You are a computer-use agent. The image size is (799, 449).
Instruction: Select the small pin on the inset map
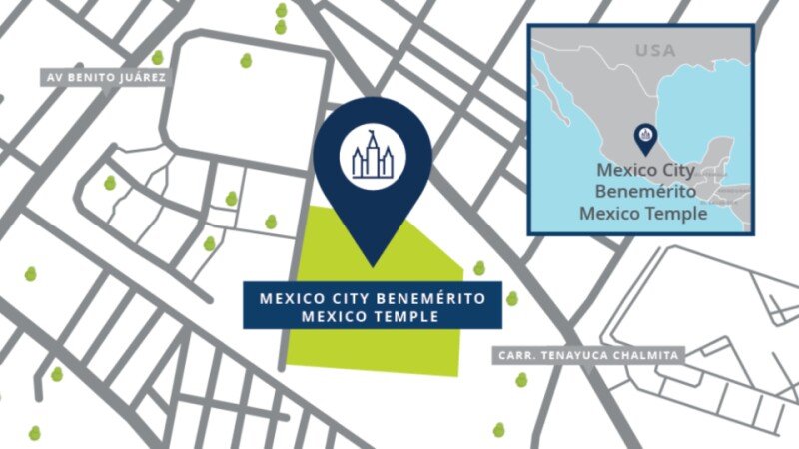646,137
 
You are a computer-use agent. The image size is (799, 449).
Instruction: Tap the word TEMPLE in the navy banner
410,317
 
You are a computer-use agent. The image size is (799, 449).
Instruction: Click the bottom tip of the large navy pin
373,265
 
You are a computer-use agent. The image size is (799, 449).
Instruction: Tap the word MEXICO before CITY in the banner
291,298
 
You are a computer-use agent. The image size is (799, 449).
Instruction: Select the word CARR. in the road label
516,355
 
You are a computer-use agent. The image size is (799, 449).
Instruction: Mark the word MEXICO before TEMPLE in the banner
343,317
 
